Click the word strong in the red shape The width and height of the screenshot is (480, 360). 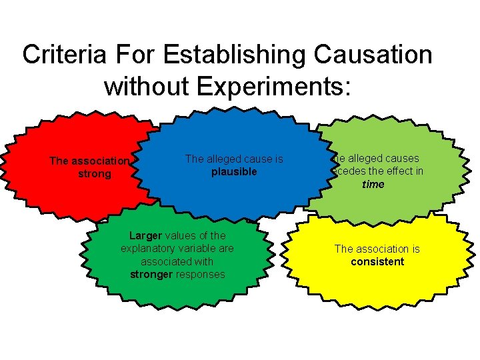(95, 173)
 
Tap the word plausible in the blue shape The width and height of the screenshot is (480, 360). (234, 171)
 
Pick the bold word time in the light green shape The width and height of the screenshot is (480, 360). (373, 184)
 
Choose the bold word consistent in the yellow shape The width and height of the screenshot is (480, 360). (377, 261)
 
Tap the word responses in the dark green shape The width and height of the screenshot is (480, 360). (201, 274)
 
